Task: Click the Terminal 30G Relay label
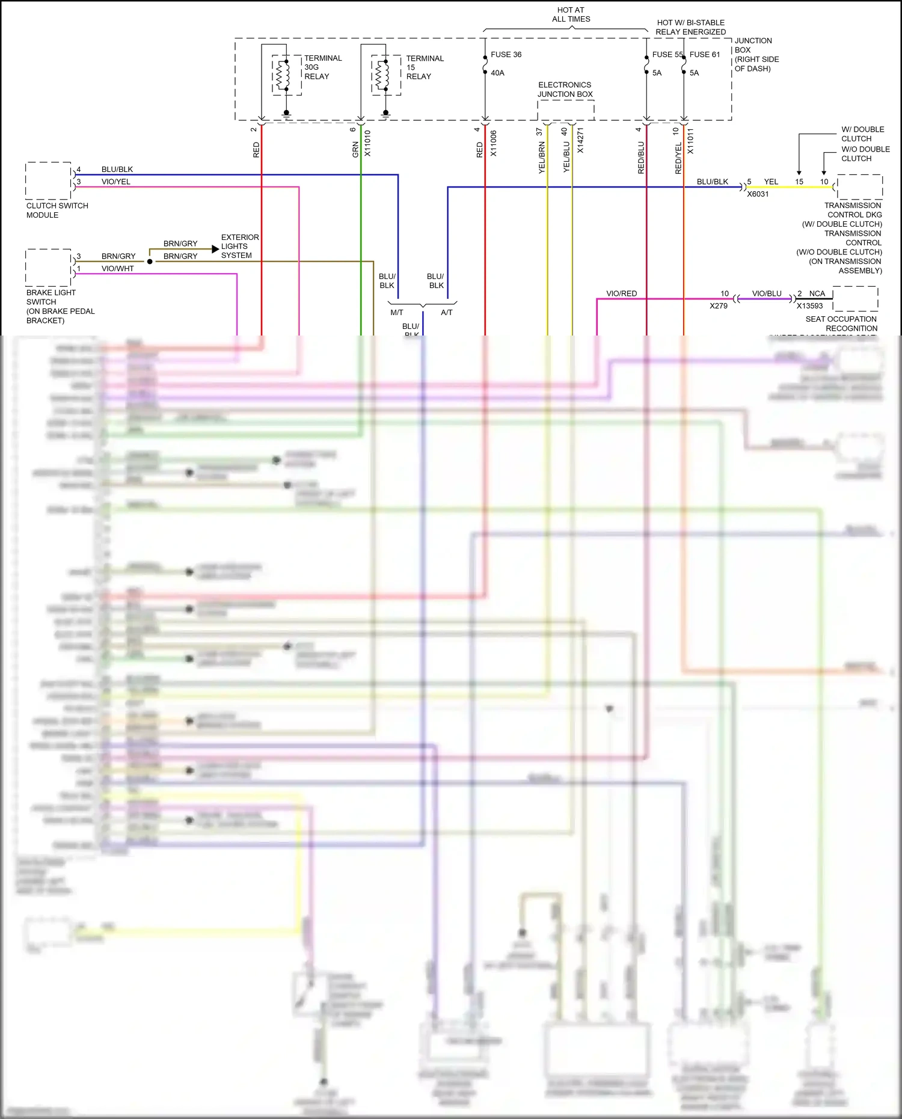(x=322, y=67)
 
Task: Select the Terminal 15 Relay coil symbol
(x=379, y=75)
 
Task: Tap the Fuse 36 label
(x=506, y=55)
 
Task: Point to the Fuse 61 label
(x=704, y=55)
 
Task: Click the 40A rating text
(x=497, y=73)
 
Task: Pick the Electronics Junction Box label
(x=565, y=90)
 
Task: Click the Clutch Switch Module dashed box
(x=48, y=180)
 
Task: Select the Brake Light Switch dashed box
(x=48, y=268)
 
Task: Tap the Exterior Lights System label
(x=239, y=247)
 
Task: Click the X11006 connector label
(x=494, y=144)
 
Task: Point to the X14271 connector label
(x=580, y=141)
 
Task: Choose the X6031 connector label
(x=758, y=194)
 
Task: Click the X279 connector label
(x=718, y=306)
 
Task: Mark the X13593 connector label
(x=809, y=306)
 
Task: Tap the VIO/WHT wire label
(x=117, y=269)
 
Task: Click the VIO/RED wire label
(x=621, y=293)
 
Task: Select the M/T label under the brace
(x=397, y=313)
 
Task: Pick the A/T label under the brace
(x=446, y=313)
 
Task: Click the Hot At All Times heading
(x=571, y=14)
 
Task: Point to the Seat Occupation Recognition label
(x=841, y=323)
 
